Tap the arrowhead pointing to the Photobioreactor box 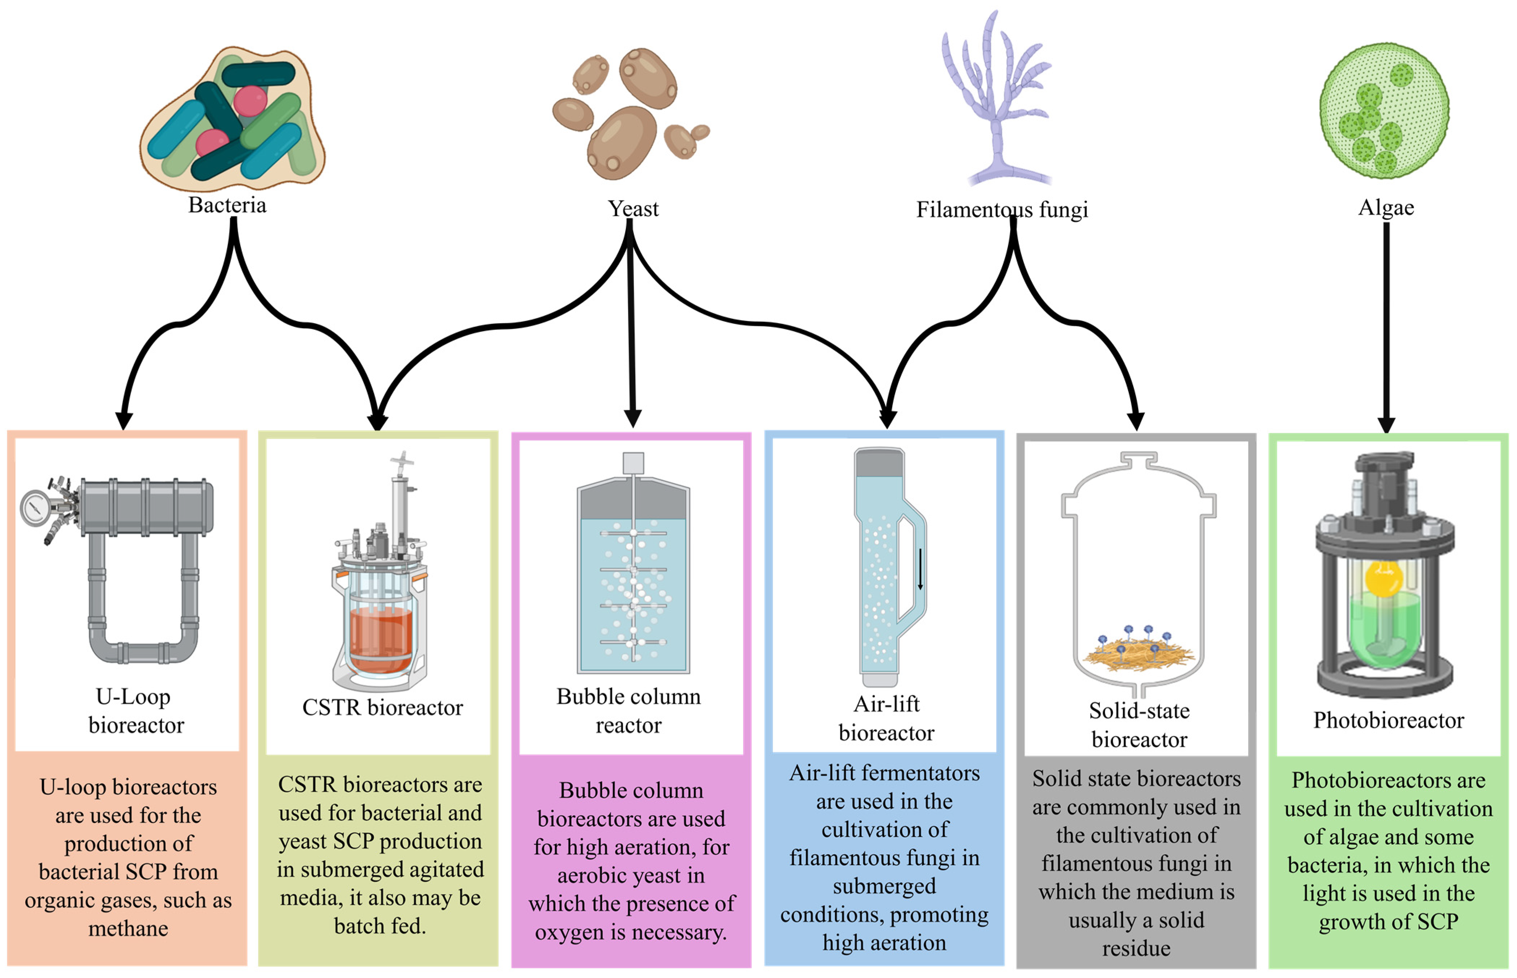(x=1386, y=424)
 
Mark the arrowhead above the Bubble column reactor (x=633, y=418)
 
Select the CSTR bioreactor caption (x=382, y=708)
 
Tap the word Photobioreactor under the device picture (x=1388, y=720)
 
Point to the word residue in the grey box (x=1136, y=948)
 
